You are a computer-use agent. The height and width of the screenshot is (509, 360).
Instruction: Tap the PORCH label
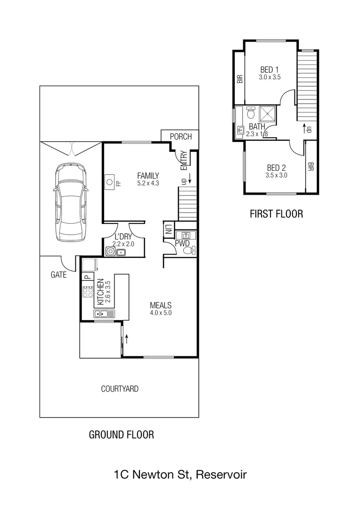click(181, 137)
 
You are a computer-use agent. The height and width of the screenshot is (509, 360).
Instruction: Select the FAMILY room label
click(148, 175)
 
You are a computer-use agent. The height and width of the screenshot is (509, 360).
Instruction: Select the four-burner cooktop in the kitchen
click(88, 293)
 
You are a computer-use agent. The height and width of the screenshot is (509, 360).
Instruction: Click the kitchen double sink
click(104, 314)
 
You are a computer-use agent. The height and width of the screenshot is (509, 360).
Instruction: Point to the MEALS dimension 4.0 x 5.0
click(160, 313)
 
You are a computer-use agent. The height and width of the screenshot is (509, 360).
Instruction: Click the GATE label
click(59, 274)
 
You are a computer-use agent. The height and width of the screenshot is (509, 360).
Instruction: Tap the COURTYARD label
click(120, 389)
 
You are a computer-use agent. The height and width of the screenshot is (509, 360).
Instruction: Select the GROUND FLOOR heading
click(122, 435)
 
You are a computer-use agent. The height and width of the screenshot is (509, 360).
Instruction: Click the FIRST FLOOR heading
click(276, 213)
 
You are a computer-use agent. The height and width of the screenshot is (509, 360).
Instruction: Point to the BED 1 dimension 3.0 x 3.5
click(270, 77)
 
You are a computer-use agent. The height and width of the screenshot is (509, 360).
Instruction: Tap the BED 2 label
click(277, 167)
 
